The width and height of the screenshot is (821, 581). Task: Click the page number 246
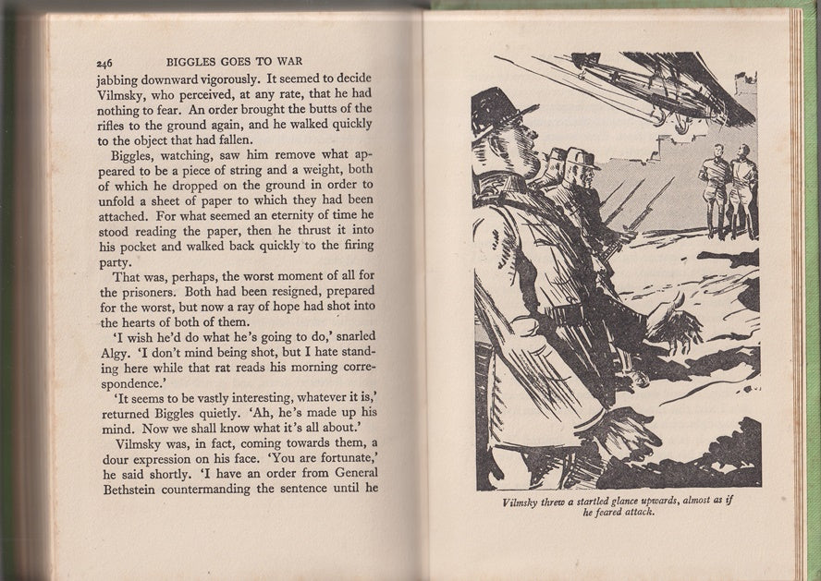coord(104,62)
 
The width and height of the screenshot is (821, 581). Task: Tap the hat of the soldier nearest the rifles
coord(582,158)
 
